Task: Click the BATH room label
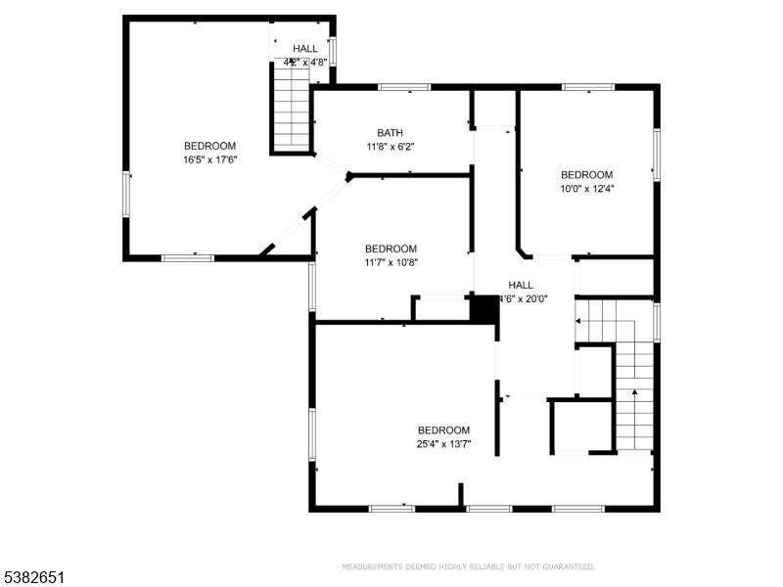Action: click(391, 133)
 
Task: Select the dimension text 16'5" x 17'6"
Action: click(209, 159)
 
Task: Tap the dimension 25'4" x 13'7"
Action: click(443, 444)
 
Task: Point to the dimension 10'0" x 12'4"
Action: click(586, 189)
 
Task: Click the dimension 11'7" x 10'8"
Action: click(391, 263)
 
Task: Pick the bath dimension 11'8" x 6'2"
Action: click(391, 147)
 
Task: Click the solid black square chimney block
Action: click(484, 308)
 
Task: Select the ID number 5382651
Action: click(34, 578)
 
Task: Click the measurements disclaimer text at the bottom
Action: click(468, 566)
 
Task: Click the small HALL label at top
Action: click(304, 48)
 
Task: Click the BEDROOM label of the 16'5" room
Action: click(209, 146)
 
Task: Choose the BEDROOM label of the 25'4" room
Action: click(443, 430)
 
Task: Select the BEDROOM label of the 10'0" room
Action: click(586, 175)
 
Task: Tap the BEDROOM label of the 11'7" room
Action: click(391, 249)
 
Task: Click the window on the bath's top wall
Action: click(404, 87)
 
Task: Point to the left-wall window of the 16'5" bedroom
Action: click(125, 195)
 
